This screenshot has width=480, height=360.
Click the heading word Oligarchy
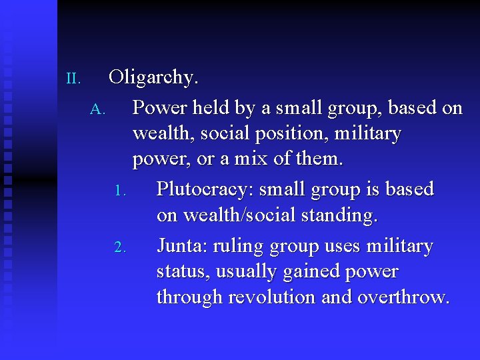click(x=153, y=78)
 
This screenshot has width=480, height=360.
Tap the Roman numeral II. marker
click(x=73, y=79)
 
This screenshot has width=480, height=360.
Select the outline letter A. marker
click(x=97, y=109)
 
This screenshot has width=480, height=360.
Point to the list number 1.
click(x=120, y=191)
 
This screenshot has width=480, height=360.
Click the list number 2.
click(x=120, y=248)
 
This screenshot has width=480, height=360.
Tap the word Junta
click(x=182, y=247)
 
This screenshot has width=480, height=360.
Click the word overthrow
click(x=403, y=297)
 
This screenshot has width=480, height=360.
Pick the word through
click(x=189, y=297)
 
